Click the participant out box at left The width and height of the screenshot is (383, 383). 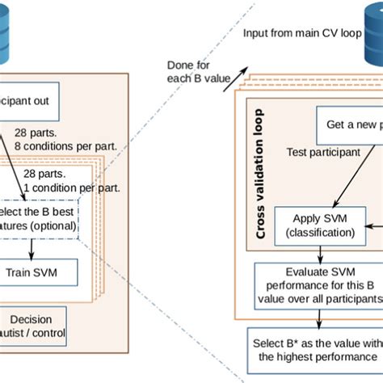32,107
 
